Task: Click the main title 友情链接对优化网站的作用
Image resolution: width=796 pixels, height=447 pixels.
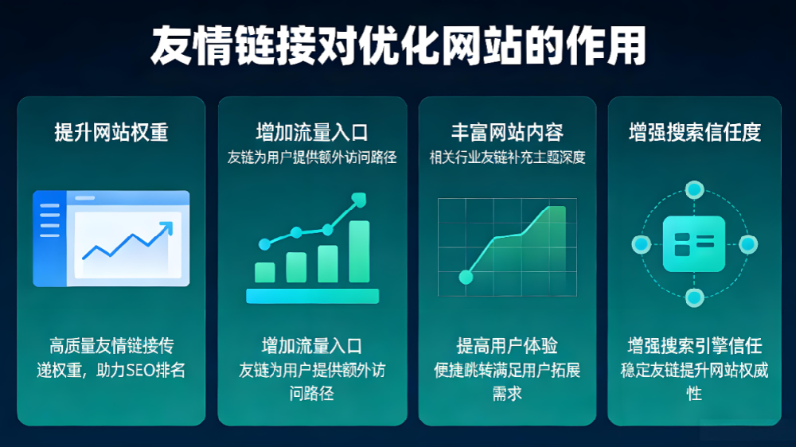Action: (x=398, y=47)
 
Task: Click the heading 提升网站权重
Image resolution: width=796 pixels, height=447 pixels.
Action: (x=111, y=132)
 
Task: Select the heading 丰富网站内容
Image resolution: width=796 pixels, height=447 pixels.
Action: (x=507, y=132)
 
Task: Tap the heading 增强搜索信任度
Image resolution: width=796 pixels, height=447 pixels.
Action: (x=695, y=132)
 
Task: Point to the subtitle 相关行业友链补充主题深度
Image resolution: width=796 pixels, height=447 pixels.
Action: (x=507, y=157)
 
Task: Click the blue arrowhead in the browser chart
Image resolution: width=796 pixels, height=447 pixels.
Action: (x=166, y=229)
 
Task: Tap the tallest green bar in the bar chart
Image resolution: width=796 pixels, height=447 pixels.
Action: (x=359, y=251)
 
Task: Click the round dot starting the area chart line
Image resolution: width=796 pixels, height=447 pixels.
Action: (x=466, y=277)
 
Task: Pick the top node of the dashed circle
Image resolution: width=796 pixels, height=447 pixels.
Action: (x=695, y=190)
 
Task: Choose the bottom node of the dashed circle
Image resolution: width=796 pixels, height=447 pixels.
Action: (x=695, y=298)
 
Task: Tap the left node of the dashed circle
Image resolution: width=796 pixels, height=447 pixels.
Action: (x=640, y=244)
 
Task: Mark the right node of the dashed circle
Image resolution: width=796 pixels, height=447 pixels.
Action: (x=748, y=244)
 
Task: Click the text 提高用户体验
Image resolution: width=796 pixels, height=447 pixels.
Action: (x=507, y=346)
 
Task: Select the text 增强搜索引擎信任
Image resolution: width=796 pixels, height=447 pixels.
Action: (x=695, y=346)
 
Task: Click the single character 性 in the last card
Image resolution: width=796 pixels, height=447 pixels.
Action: (x=695, y=393)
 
